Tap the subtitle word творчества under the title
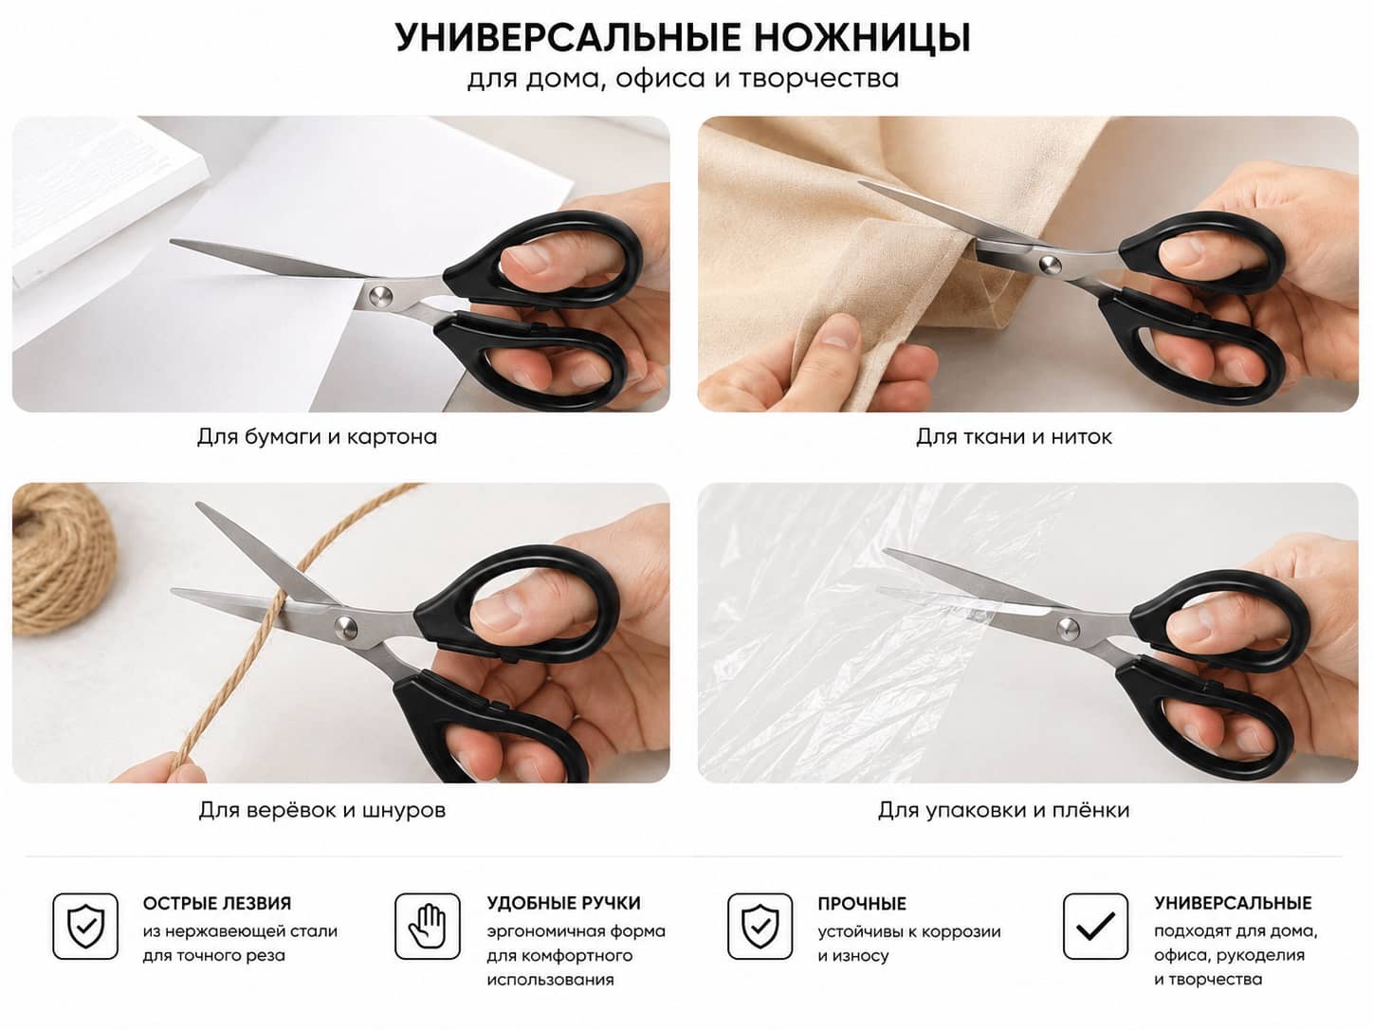tap(819, 79)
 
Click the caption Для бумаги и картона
tap(317, 436)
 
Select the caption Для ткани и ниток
tap(1014, 436)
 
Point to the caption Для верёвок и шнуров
tap(322, 810)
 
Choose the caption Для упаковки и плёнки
tap(1003, 810)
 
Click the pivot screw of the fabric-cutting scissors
tap(1049, 264)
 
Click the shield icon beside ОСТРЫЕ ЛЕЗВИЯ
tap(85, 927)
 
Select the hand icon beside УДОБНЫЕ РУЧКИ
tap(428, 927)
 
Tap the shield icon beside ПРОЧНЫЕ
tap(760, 927)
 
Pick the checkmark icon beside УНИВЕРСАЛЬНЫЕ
tap(1095, 927)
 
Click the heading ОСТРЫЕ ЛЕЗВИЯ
tap(217, 903)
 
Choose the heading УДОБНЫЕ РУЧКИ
tap(563, 903)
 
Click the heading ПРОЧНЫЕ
tap(862, 904)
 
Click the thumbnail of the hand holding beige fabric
tap(1028, 264)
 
